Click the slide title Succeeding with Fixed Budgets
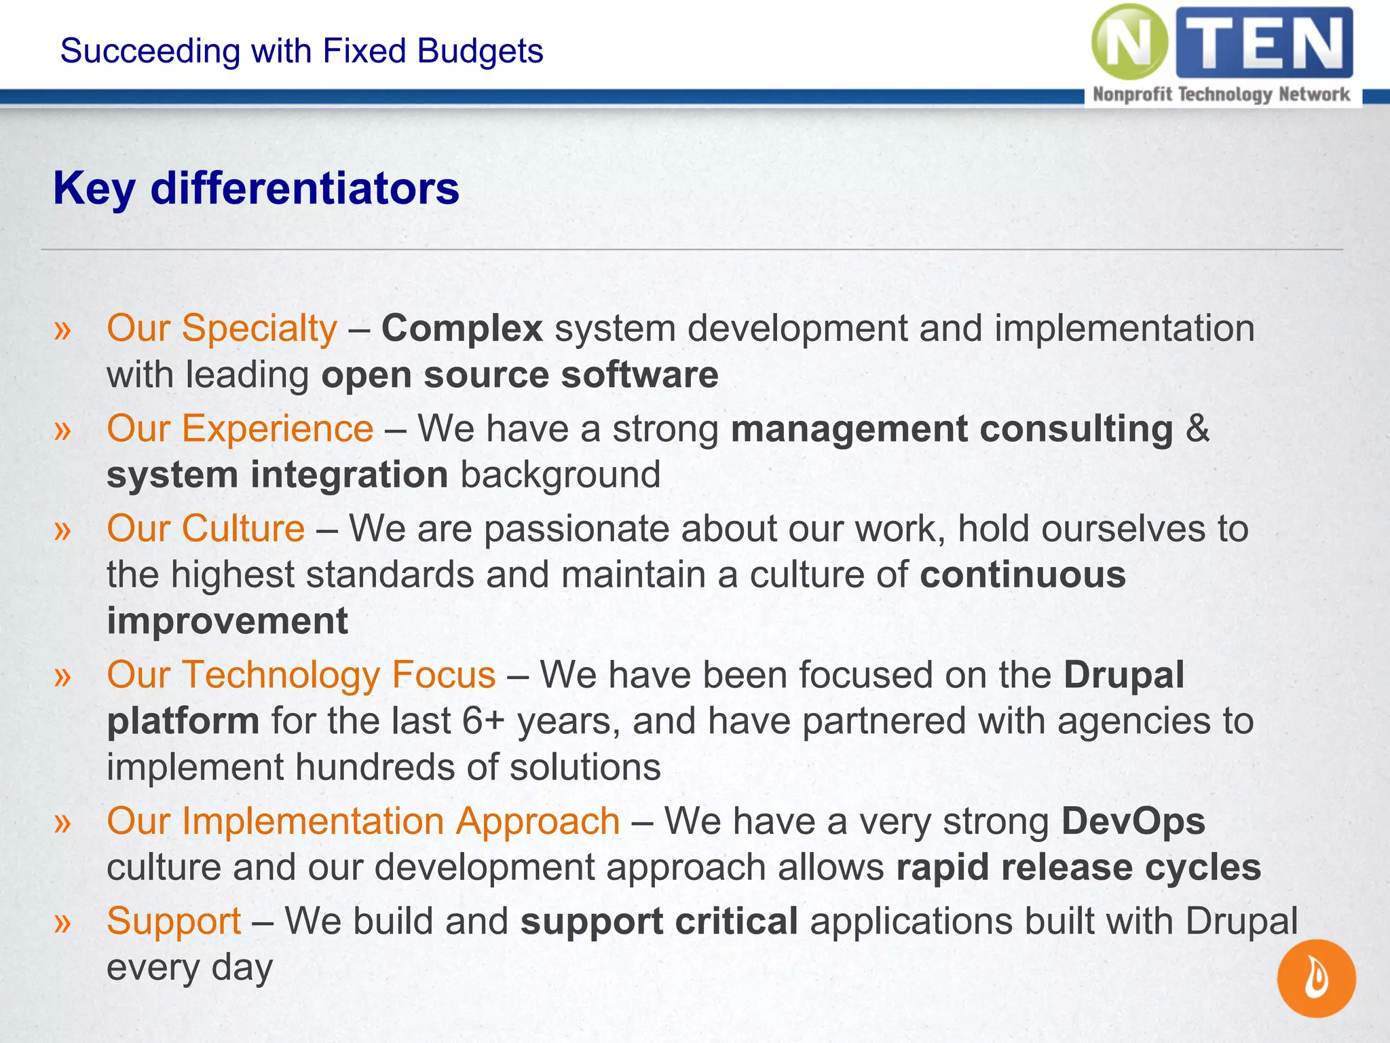coord(301,51)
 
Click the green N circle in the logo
coord(1130,42)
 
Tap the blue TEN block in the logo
coord(1264,42)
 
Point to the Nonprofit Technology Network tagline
coord(1221,94)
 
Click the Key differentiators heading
coord(256,188)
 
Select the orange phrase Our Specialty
coord(222,329)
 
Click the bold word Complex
coord(462,329)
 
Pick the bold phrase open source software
coord(519,375)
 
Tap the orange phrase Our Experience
coord(240,428)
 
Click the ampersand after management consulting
coord(1198,428)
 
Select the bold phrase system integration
coord(277,475)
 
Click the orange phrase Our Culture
coord(206,528)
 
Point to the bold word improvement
coord(227,621)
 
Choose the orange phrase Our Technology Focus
coord(301,675)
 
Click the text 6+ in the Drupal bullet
coord(483,721)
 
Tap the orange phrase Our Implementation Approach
coord(363,821)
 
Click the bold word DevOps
coord(1133,821)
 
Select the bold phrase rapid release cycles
coord(1078,867)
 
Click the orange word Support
coord(174,921)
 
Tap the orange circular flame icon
coord(1316,978)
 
